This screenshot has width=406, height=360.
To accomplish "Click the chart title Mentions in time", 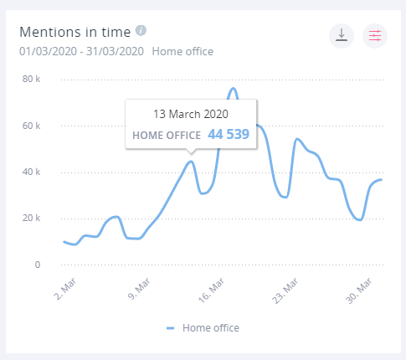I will coord(75,33).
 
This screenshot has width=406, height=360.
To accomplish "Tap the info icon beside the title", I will coord(141,32).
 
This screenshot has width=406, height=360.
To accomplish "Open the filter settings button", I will coord(375,35).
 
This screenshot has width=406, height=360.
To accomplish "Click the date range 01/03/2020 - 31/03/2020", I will coord(81,51).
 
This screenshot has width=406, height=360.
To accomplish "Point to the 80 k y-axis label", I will coord(32,80).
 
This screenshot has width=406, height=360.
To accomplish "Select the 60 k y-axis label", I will coord(32,126).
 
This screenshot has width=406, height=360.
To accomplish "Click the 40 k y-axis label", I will coord(32,172).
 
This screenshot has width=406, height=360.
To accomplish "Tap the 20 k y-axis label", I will coord(32,219).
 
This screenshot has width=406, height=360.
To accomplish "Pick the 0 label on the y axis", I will coord(38,265).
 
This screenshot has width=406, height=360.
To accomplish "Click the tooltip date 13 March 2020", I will coord(191,113).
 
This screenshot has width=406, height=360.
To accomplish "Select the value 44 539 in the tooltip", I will coord(229,134).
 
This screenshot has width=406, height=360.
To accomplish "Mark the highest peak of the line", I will coord(233,88).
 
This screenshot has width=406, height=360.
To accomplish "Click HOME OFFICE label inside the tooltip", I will coord(166,135).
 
